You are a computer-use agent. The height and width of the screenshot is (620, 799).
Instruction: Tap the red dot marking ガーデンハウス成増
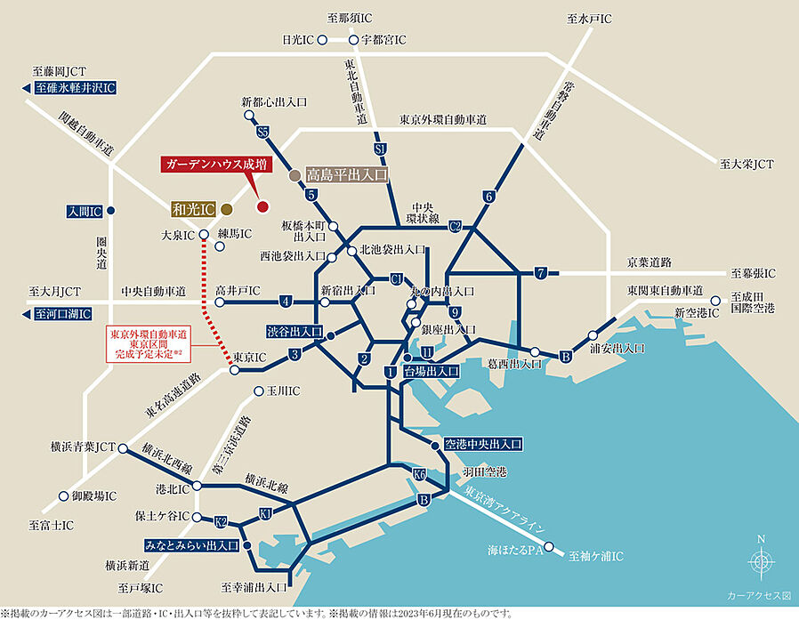262,207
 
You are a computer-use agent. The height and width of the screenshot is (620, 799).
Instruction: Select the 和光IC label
193,209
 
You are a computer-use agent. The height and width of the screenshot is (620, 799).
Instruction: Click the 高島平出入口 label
347,175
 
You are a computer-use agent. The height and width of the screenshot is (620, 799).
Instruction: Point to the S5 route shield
262,132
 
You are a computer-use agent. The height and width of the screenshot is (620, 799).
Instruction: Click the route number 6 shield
488,196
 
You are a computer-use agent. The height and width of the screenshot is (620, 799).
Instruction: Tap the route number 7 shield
540,272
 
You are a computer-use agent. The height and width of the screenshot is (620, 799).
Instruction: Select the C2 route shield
455,226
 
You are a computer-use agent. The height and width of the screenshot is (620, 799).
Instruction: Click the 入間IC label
85,212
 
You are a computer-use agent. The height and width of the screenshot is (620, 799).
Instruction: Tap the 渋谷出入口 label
295,331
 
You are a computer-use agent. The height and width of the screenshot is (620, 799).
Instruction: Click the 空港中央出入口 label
481,443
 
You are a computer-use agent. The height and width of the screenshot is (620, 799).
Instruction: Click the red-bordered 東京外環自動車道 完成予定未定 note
149,344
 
